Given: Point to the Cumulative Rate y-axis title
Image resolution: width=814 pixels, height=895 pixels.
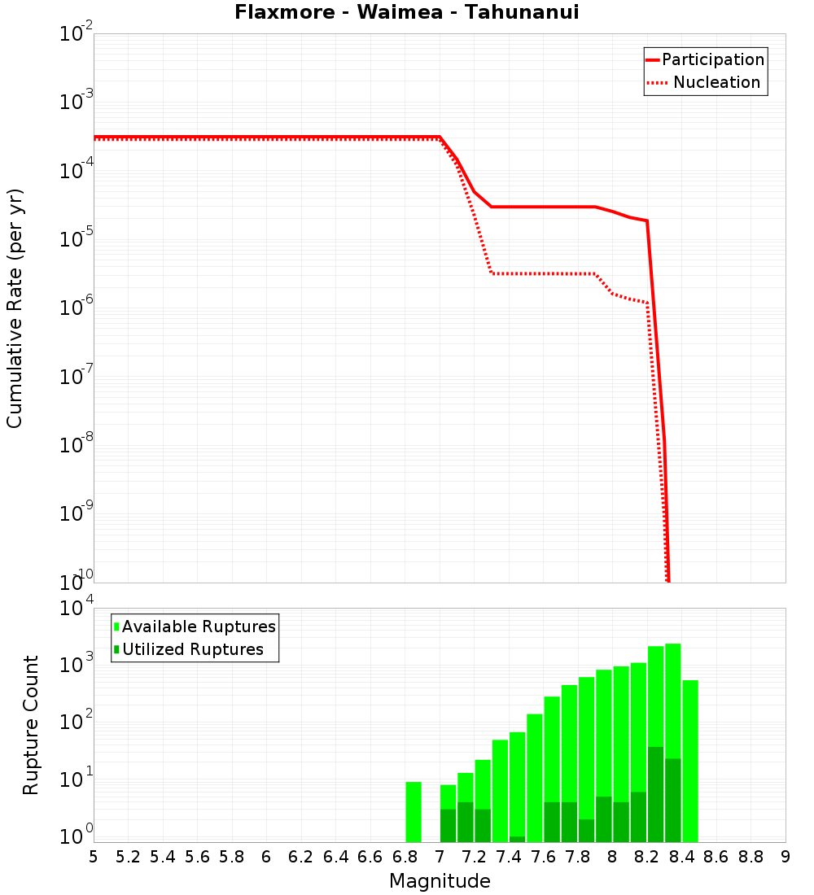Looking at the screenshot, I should point(15,308).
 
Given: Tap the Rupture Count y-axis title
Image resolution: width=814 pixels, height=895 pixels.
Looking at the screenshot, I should point(31,725).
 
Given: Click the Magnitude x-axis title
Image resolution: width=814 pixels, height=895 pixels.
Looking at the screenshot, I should point(440,881).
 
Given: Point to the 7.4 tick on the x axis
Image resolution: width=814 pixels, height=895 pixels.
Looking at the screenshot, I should point(509,857).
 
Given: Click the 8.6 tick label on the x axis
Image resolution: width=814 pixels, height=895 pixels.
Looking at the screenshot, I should point(716,857).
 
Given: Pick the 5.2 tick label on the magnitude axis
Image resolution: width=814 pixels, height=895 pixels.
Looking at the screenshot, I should point(128,857).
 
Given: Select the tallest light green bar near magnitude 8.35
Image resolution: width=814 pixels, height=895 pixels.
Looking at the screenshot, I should point(673,700).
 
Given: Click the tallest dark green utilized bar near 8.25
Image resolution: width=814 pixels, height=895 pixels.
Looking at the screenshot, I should point(655,793).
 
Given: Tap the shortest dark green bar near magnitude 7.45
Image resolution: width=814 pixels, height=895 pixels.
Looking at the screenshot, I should point(517,839).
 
